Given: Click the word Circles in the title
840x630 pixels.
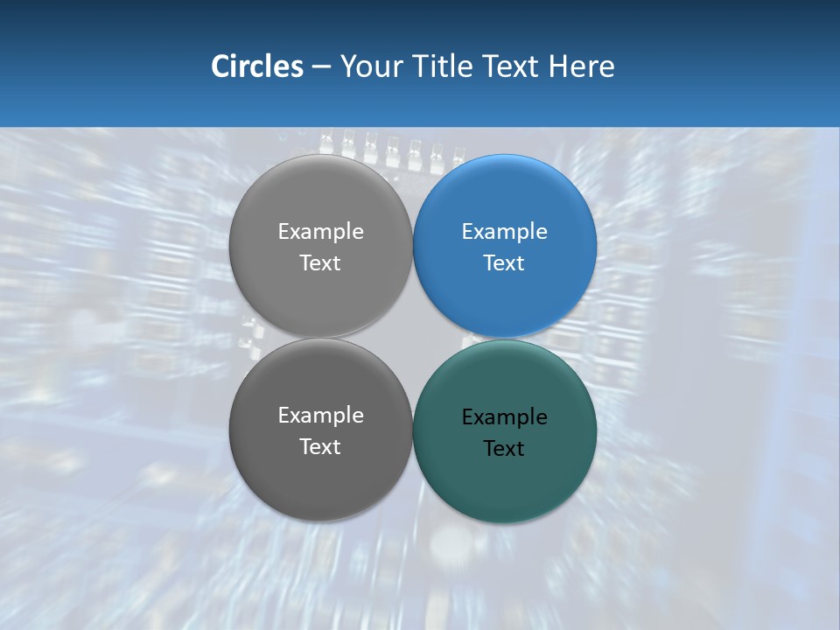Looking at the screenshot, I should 257,66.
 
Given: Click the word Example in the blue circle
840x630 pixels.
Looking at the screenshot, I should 505,232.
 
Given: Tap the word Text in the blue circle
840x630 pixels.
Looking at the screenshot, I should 505,263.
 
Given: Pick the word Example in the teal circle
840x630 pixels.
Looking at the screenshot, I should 505,417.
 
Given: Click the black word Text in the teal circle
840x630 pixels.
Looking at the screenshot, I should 505,449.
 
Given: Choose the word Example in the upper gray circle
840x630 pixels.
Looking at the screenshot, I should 320,232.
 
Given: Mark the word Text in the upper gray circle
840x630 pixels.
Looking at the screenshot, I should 320,263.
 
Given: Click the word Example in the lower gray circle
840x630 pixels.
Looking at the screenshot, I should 320,416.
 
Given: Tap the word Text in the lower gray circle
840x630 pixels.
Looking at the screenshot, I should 320,447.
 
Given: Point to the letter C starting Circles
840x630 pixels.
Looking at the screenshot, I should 220,66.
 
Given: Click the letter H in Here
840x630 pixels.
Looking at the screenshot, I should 559,66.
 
